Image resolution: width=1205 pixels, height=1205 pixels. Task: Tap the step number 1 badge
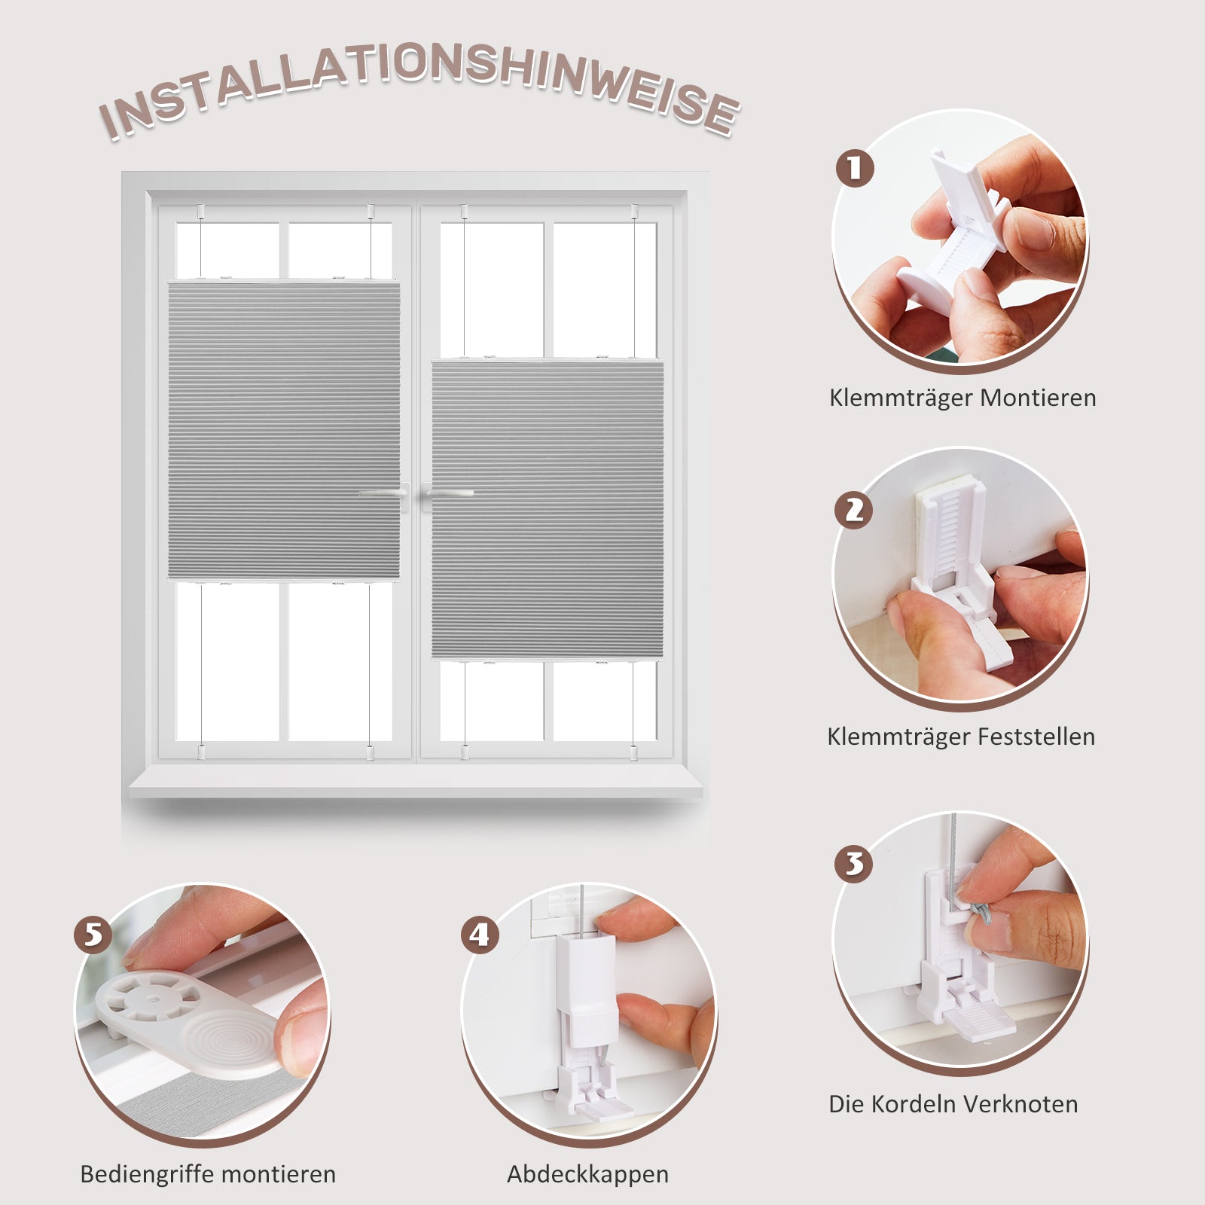click(x=855, y=168)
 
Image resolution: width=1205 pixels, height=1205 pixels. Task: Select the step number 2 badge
click(x=854, y=510)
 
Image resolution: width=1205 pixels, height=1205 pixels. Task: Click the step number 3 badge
click(x=854, y=863)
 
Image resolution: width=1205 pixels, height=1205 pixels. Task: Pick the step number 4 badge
click(x=480, y=935)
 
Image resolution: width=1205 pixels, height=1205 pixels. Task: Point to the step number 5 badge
click(x=93, y=935)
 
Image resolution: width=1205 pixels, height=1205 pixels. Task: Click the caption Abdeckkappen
click(x=587, y=1175)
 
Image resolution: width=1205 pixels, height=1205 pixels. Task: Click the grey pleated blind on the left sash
click(x=284, y=430)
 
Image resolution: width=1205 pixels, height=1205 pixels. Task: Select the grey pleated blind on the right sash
click(x=548, y=510)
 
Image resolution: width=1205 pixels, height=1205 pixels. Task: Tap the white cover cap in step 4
click(x=587, y=990)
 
